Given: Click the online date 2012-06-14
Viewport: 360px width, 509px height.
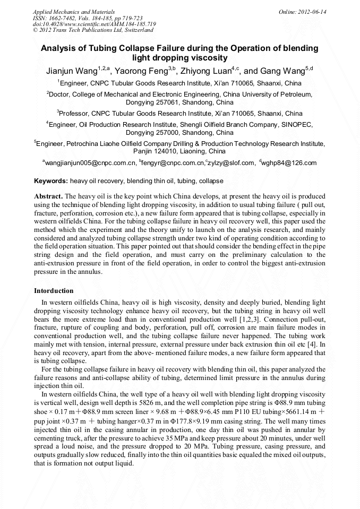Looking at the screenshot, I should (x=311, y=12).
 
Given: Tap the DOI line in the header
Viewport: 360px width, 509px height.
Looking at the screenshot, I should (x=94, y=24).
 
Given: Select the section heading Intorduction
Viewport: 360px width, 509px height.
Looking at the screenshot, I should (x=54, y=291).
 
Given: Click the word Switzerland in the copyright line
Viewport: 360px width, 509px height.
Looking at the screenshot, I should (x=136, y=31).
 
